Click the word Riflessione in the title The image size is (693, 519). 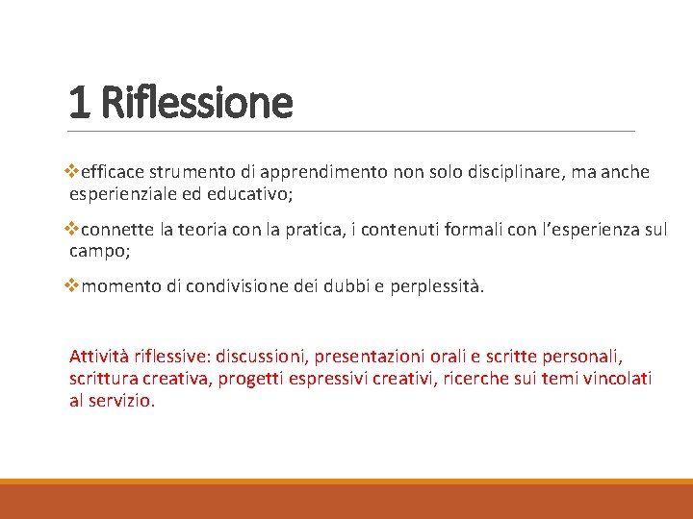(x=195, y=102)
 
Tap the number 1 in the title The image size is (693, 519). (x=80, y=102)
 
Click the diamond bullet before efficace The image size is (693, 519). (x=75, y=172)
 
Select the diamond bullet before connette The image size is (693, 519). (x=75, y=231)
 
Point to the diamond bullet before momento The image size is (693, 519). (x=75, y=287)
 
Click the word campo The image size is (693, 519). (x=97, y=252)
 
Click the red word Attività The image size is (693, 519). (x=100, y=357)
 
